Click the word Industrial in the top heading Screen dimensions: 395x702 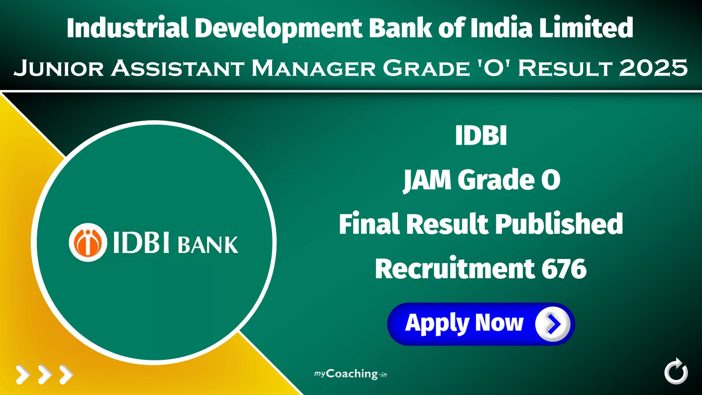(x=127, y=28)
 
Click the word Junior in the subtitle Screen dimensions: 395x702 (x=59, y=68)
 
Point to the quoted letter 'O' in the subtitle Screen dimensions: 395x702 (x=494, y=68)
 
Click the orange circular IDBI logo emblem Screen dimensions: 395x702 (x=88, y=242)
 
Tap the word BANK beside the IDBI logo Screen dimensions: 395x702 (x=208, y=245)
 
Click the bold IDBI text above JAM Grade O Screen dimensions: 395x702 (x=481, y=135)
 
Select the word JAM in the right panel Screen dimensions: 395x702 (x=427, y=180)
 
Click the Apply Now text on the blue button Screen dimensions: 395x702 (x=464, y=323)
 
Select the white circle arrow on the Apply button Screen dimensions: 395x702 (x=552, y=324)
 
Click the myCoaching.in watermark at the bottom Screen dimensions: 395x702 (x=351, y=374)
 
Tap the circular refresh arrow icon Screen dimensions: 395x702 (x=676, y=372)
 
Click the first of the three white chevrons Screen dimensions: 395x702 (x=23, y=375)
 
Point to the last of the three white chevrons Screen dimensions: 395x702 (x=66, y=375)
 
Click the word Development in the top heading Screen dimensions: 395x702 (x=278, y=28)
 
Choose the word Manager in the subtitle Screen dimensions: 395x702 (x=313, y=68)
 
